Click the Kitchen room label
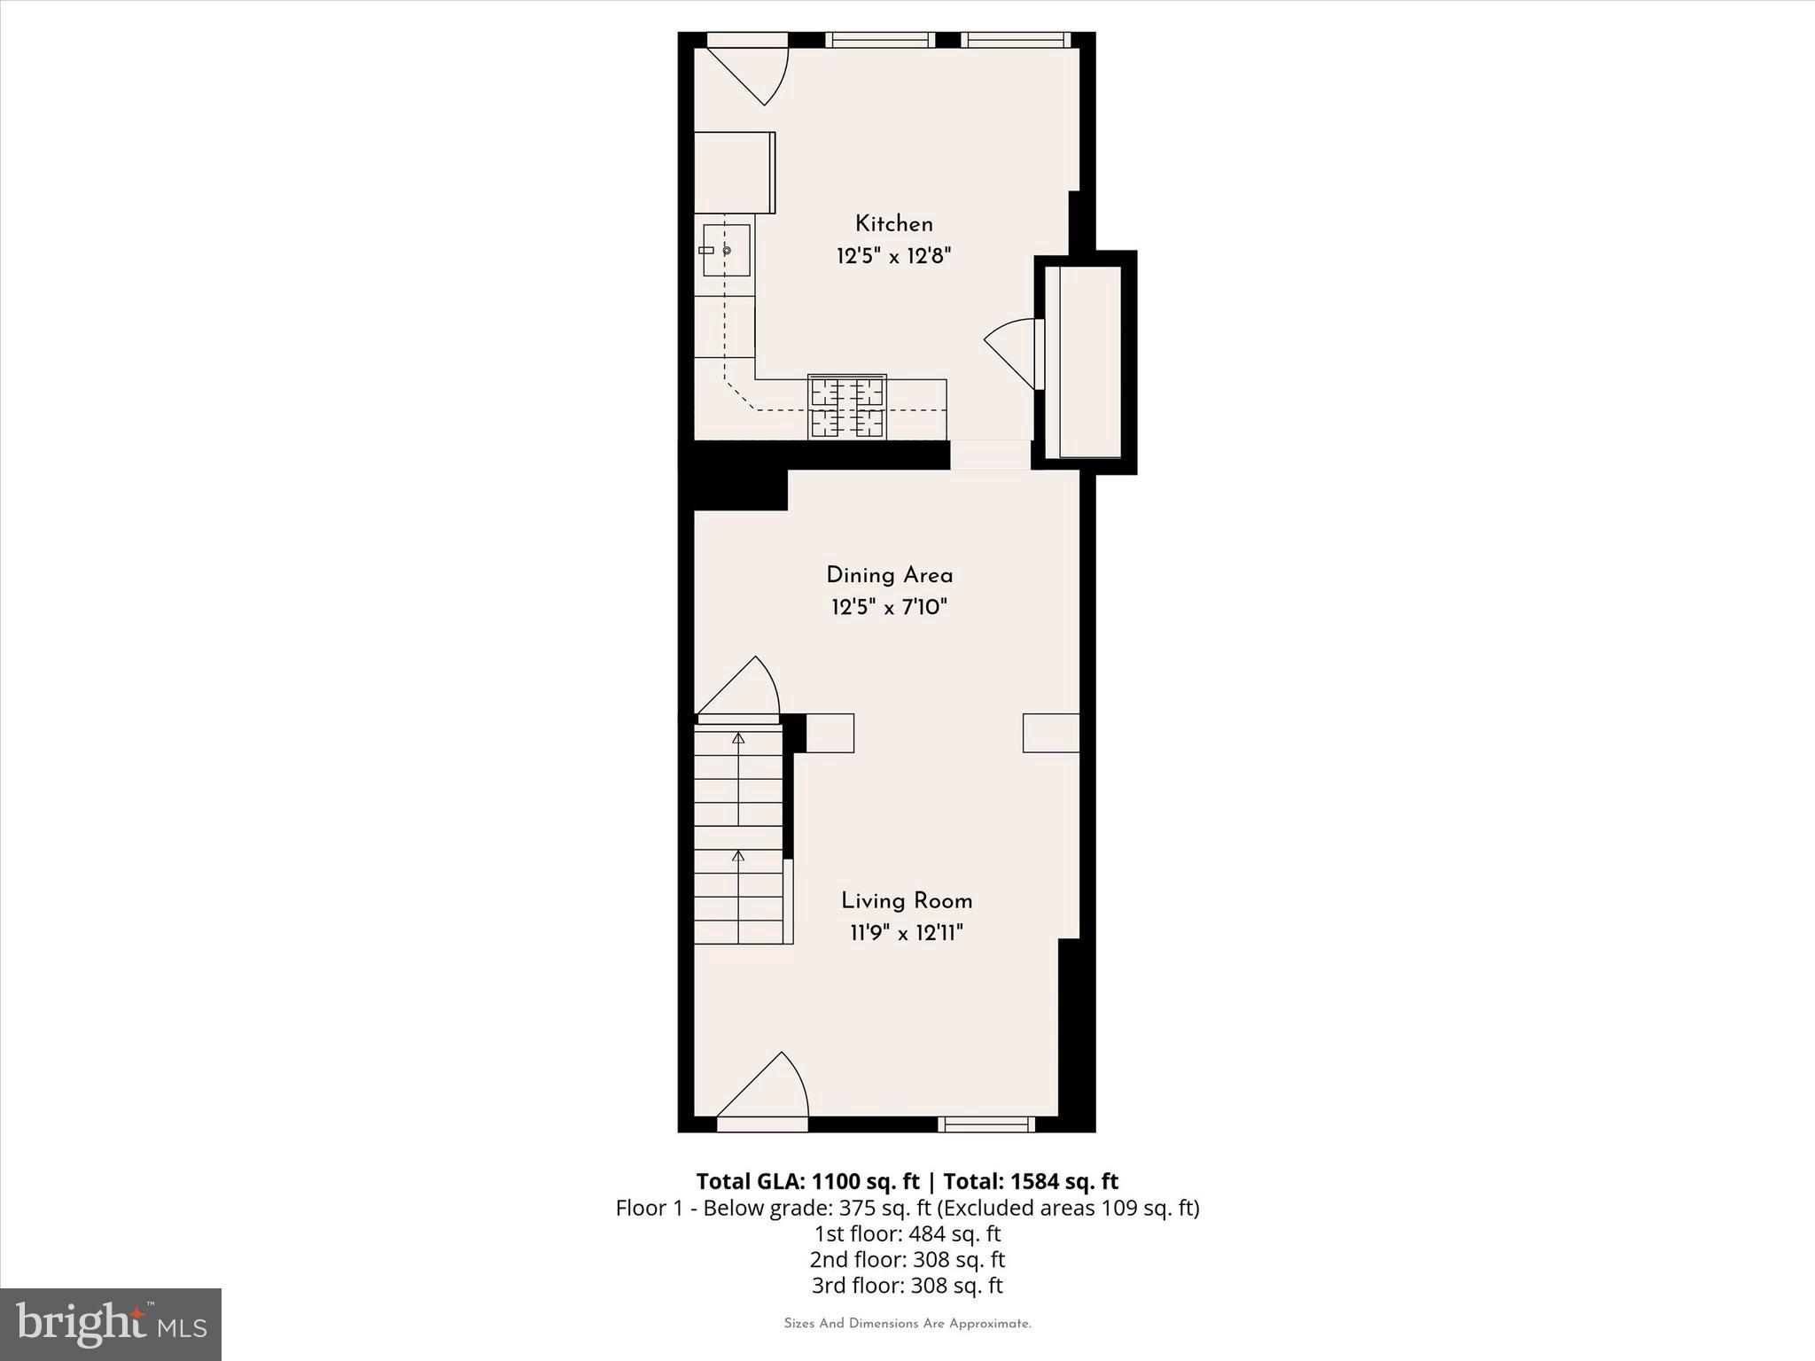pyautogui.click(x=893, y=224)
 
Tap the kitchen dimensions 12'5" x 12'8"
pyautogui.click(x=893, y=257)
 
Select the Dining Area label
pyautogui.click(x=889, y=576)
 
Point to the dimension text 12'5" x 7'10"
pyautogui.click(x=889, y=608)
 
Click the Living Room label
pyautogui.click(x=907, y=901)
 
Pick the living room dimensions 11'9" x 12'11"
pyautogui.click(x=907, y=933)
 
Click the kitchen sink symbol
pyautogui.click(x=726, y=251)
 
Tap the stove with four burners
pyautogui.click(x=847, y=408)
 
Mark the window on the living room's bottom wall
pyautogui.click(x=987, y=1124)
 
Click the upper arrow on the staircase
pyautogui.click(x=738, y=741)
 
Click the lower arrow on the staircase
pyautogui.click(x=738, y=858)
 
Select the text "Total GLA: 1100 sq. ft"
pyautogui.click(x=807, y=1181)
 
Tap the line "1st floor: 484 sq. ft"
pyautogui.click(x=907, y=1233)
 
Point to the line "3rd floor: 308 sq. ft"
pyautogui.click(x=907, y=1285)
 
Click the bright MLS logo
pyautogui.click(x=111, y=1324)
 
